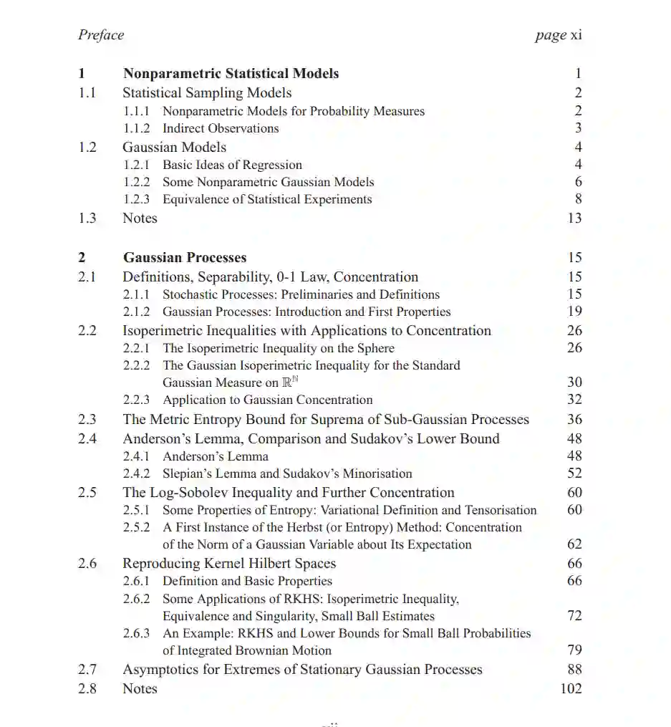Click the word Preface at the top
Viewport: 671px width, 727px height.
[101, 35]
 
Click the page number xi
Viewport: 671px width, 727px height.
[576, 35]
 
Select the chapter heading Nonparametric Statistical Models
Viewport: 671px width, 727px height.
[231, 73]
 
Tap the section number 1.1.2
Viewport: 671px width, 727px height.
[136, 129]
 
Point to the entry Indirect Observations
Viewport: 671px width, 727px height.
[221, 129]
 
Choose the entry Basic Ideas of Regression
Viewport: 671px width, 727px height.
[232, 165]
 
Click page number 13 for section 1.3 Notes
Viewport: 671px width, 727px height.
[574, 218]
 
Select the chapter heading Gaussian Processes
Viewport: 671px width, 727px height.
[185, 258]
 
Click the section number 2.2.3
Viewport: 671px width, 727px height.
[136, 400]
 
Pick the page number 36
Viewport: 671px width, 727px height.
[574, 420]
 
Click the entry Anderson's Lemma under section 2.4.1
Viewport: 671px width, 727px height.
[216, 456]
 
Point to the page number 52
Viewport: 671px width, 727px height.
[574, 473]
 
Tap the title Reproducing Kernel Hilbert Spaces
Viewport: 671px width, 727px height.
[229, 564]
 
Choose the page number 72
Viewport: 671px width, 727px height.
[574, 616]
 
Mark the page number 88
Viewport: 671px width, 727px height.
[574, 670]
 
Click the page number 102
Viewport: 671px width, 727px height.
[571, 689]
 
